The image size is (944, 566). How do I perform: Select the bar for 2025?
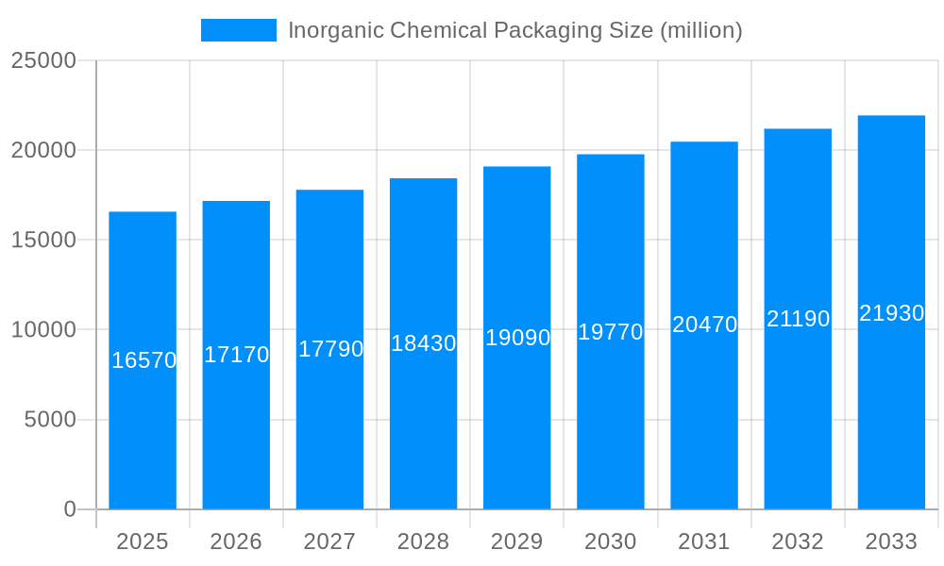click(x=143, y=424)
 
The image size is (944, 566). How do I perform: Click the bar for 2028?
click(x=423, y=424)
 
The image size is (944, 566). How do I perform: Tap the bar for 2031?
click(x=704, y=424)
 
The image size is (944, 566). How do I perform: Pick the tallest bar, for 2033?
click(x=891, y=424)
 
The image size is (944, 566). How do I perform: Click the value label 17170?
click(x=237, y=355)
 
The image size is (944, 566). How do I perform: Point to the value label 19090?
click(x=517, y=338)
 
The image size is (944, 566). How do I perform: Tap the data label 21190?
click(x=798, y=319)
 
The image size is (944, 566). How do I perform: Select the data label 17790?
click(x=330, y=349)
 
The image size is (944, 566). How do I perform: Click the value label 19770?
click(x=611, y=332)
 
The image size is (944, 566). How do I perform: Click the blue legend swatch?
click(x=239, y=30)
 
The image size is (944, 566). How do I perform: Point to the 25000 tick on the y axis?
click(x=43, y=60)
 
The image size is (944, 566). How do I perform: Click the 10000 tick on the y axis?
click(x=43, y=330)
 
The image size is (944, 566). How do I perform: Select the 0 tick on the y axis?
click(x=70, y=509)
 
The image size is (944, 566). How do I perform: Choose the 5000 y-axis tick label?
click(x=50, y=420)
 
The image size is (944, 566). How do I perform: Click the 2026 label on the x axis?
click(x=236, y=541)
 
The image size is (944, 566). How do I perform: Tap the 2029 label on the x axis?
click(x=517, y=541)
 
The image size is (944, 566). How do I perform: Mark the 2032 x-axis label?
click(x=798, y=541)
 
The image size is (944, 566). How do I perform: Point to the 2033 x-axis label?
click(x=891, y=541)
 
